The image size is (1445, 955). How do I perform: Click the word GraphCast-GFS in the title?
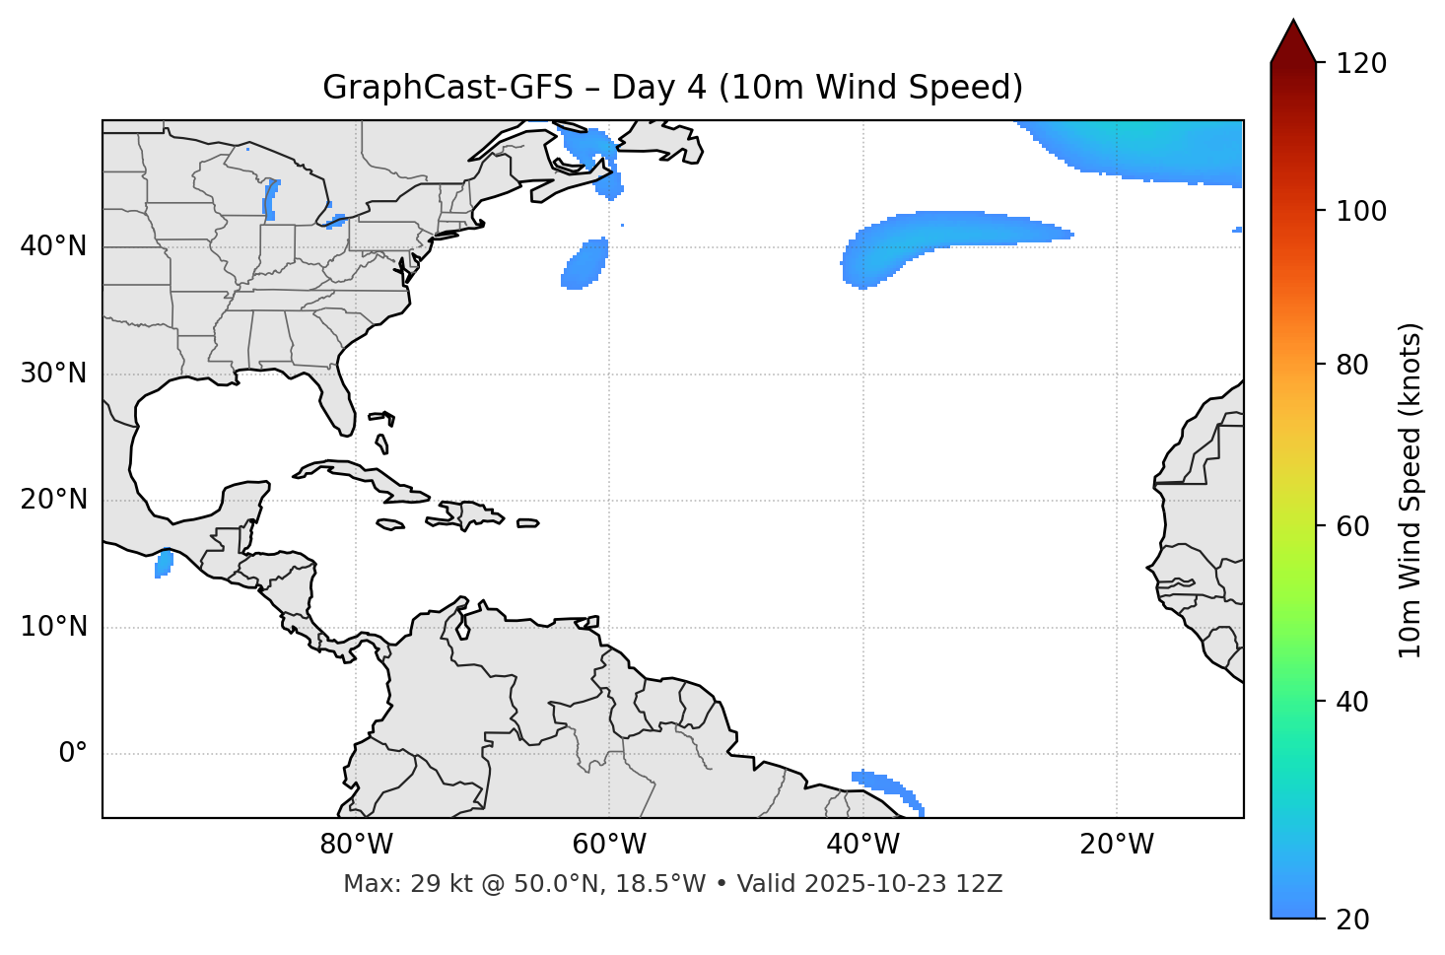447,88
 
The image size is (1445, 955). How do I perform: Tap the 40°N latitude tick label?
53,246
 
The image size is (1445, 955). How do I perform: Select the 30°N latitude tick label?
53,374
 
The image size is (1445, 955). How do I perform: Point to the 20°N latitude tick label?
53,500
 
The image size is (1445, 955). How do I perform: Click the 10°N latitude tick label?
53,627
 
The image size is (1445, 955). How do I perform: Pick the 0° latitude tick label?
73,754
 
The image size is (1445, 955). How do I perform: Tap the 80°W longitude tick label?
356,845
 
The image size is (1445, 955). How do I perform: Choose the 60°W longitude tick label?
609,845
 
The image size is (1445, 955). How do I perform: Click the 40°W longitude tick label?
862,845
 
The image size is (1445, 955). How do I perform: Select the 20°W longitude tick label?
1116,845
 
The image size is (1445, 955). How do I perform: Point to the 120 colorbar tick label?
1361,64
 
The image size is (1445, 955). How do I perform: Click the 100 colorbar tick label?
1361,211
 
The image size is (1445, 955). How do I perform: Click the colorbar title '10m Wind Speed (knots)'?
1411,490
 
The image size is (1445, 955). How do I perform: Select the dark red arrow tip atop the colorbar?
1293,39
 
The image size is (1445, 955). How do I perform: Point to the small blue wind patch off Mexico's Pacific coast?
164,564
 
